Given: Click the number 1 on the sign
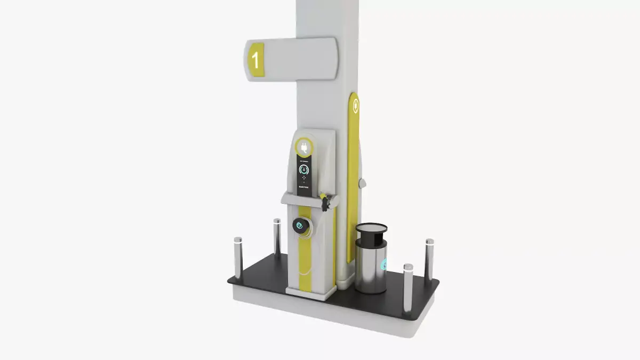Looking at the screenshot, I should click(255, 60).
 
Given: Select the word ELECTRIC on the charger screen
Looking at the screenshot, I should click(303, 187).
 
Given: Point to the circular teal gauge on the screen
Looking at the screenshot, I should click(303, 170).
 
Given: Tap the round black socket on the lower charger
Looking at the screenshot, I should click(301, 225).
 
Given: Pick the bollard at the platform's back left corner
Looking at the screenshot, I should click(277, 235).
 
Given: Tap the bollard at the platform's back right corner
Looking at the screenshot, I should click(429, 258).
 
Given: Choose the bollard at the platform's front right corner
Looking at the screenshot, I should click(408, 288).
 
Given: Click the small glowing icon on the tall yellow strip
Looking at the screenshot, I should click(356, 107).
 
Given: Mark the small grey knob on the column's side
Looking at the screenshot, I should click(363, 183).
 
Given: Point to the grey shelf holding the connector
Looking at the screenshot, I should click(304, 200).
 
